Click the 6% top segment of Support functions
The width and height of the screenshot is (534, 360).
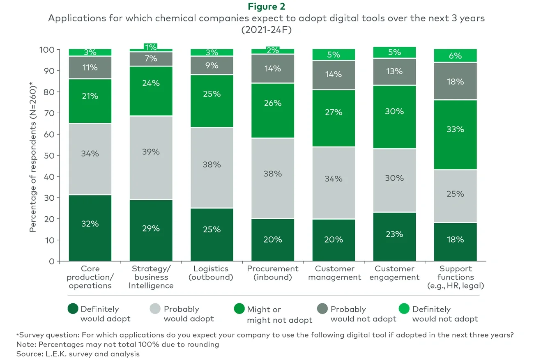(x=455, y=56)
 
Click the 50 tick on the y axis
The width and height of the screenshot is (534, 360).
(x=49, y=156)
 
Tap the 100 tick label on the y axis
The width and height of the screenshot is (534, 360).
(x=47, y=50)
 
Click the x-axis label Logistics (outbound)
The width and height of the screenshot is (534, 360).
(x=211, y=273)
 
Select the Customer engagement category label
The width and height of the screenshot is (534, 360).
(x=394, y=273)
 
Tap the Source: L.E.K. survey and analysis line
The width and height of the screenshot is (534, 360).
(x=78, y=353)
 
